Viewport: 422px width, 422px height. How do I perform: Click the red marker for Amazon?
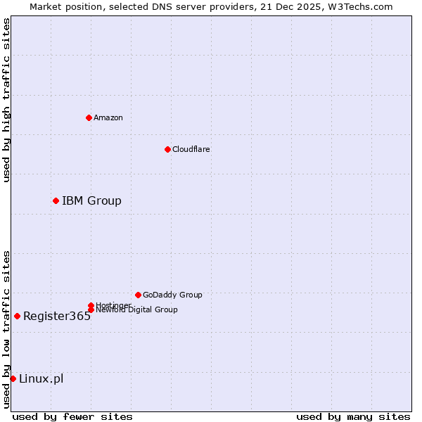pyautogui.click(x=89, y=117)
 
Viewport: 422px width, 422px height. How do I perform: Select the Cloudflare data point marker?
pyautogui.click(x=167, y=149)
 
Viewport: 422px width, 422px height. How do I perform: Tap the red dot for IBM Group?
pyautogui.click(x=56, y=201)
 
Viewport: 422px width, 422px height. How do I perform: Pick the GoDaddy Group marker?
pyautogui.click(x=138, y=295)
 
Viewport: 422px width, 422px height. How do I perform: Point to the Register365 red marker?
pyautogui.click(x=17, y=316)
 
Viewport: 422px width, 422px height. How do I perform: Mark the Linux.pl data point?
pyautogui.click(x=13, y=379)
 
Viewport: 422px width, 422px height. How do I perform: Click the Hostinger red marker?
pyautogui.click(x=91, y=305)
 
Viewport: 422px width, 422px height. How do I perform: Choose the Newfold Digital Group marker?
pyautogui.click(x=91, y=310)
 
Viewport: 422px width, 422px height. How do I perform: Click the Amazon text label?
pyautogui.click(x=108, y=117)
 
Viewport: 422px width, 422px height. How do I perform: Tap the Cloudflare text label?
pyautogui.click(x=191, y=149)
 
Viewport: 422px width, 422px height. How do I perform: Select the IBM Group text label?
pyautogui.click(x=91, y=201)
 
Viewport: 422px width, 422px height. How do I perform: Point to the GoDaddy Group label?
pyautogui.click(x=172, y=295)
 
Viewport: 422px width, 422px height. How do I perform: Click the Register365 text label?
pyautogui.click(x=57, y=316)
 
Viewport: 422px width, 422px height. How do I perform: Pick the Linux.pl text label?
pyautogui.click(x=41, y=379)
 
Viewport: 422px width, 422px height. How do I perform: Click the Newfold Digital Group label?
pyautogui.click(x=137, y=310)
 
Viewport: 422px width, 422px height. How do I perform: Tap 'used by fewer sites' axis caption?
pyautogui.click(x=72, y=416)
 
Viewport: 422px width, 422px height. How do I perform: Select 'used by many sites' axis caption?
pyautogui.click(x=353, y=416)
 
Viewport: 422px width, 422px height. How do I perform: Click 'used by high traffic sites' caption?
pyautogui.click(x=6, y=100)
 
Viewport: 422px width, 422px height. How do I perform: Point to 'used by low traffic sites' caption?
pyautogui.click(x=6, y=328)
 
